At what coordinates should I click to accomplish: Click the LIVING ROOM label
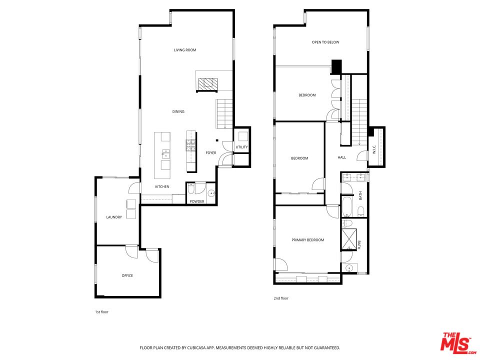click(184, 50)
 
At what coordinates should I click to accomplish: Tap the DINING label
click(178, 111)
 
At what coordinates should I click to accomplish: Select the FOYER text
click(211, 152)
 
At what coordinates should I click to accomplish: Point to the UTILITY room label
click(241, 147)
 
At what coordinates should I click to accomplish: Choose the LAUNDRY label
click(114, 217)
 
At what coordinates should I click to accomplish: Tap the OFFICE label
click(127, 275)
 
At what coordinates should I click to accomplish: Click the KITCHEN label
click(162, 186)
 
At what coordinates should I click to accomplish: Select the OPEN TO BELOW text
click(325, 42)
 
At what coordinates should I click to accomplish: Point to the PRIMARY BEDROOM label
click(307, 240)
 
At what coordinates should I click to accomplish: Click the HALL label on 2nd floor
click(341, 157)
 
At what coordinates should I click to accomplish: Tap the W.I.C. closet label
click(374, 149)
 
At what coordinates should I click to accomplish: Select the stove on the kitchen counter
click(191, 145)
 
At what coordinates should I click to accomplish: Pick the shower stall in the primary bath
click(348, 239)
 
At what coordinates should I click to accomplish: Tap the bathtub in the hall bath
click(348, 204)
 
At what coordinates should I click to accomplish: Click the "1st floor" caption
click(101, 312)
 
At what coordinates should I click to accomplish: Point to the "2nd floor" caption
click(281, 298)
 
